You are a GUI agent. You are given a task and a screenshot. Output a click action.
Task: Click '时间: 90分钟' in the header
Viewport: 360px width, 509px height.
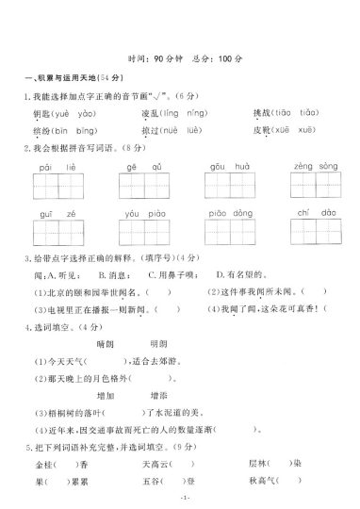coord(153,58)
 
